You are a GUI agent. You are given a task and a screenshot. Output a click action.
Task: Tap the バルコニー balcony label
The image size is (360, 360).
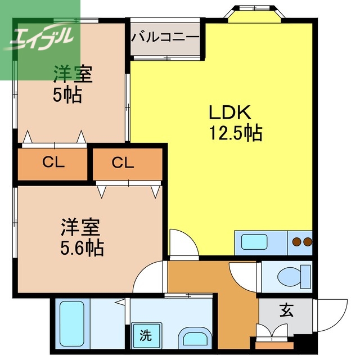pyautogui.click(x=165, y=38)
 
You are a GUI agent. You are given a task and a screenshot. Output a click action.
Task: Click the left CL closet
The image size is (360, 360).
pyautogui.click(x=53, y=164)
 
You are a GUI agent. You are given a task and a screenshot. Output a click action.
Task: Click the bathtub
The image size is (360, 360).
pyautogui.click(x=71, y=325)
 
